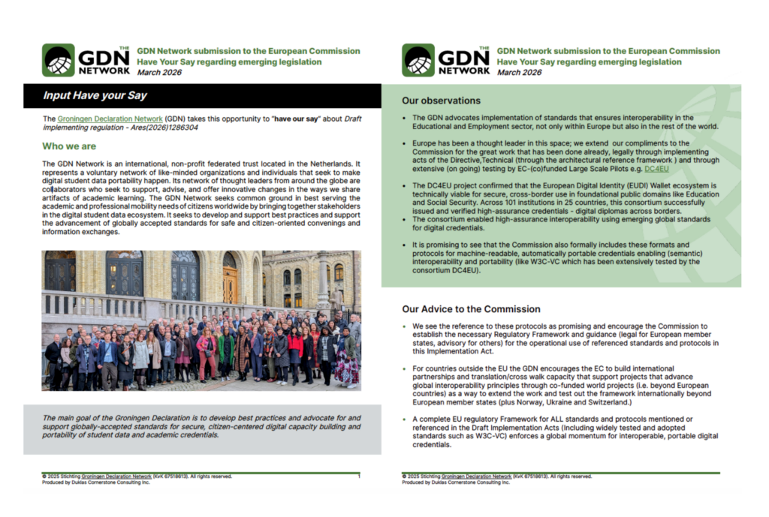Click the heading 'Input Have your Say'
coord(95,95)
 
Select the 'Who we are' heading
coord(69,146)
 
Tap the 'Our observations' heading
coord(441,101)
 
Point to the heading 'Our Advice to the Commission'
coord(471,309)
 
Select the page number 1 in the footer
coord(359,476)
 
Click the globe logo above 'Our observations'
coord(418,60)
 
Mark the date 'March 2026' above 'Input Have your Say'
coord(159,72)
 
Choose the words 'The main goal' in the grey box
coord(69,418)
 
